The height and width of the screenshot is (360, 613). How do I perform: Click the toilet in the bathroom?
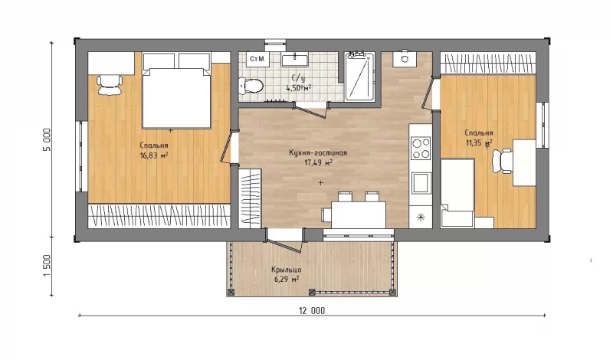click(251, 86)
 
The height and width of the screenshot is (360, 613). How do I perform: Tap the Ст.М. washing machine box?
click(257, 60)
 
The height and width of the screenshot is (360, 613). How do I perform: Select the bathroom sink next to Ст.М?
click(295, 60)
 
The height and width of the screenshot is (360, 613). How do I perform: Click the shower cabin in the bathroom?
click(359, 77)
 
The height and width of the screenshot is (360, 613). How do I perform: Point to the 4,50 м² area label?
click(299, 88)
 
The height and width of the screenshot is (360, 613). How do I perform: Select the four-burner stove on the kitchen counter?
click(421, 148)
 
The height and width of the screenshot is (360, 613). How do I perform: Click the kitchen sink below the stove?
click(421, 183)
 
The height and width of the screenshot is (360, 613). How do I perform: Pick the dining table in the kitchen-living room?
click(358, 214)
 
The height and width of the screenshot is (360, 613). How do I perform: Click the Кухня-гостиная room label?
click(318, 153)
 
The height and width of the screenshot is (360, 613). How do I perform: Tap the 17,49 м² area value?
click(319, 162)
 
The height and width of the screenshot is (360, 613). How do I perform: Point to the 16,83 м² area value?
click(154, 155)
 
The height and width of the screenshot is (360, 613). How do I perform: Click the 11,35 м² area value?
click(479, 142)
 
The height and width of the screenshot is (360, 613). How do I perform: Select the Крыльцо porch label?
click(286, 270)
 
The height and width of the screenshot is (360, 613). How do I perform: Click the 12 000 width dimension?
click(312, 311)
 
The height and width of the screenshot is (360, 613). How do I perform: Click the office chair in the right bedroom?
click(503, 161)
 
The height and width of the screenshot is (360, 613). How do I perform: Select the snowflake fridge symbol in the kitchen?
click(421, 217)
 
